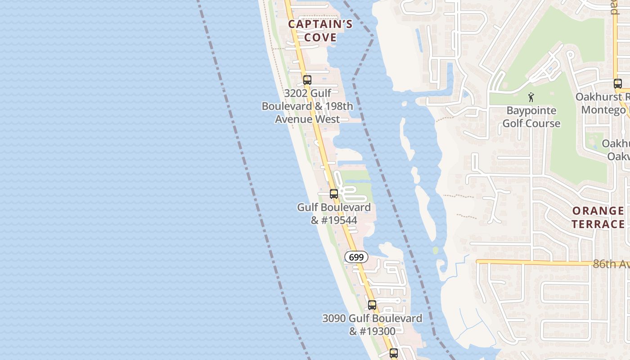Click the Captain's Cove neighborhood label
[320, 31]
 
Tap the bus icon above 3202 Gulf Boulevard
[307, 81]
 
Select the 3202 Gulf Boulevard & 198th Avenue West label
[307, 106]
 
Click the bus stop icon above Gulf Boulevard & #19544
[334, 194]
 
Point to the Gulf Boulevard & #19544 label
[334, 214]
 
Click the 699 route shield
[356, 257]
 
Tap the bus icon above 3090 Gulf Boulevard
[372, 305]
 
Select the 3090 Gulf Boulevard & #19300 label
[372, 325]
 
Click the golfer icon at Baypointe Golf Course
[531, 97]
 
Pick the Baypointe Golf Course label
[531, 117]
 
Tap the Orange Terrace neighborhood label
[598, 217]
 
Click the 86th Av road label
[610, 264]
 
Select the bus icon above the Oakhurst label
[618, 84]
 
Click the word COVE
[320, 37]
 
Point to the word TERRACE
[598, 224]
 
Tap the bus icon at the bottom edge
[394, 353]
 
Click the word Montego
[603, 110]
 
